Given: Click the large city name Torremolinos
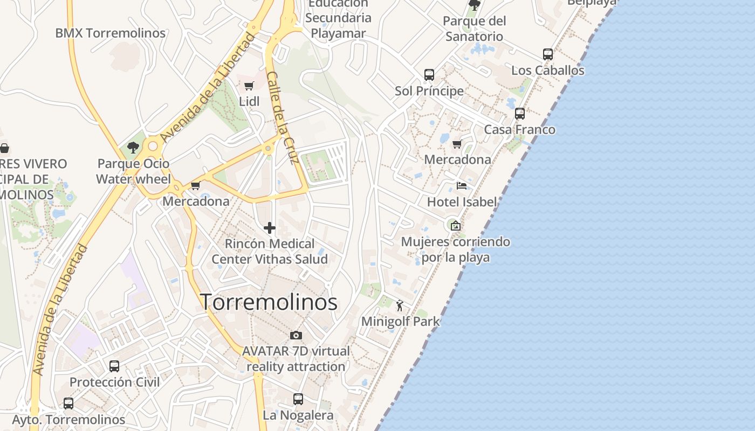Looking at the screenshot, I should [x=269, y=302].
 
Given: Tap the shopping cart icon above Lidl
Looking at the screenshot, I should [x=249, y=86].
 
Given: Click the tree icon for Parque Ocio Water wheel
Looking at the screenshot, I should [x=133, y=148].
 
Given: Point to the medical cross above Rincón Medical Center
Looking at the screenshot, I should [x=270, y=228].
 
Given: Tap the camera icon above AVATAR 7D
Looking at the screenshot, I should [x=296, y=336].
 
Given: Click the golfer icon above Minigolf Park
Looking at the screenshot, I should [x=400, y=306].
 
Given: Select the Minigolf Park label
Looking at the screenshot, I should [x=400, y=322].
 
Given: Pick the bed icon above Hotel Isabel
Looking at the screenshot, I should [x=462, y=186].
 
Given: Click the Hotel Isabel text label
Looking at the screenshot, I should [x=462, y=202].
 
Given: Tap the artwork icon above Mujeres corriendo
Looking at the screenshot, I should [x=456, y=226].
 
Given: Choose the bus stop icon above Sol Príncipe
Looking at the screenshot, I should [x=429, y=75].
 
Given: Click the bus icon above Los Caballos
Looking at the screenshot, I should [x=548, y=54].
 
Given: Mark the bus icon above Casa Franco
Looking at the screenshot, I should [x=520, y=114].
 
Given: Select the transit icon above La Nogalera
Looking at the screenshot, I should [x=298, y=399].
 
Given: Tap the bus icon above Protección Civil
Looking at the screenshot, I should [x=114, y=366].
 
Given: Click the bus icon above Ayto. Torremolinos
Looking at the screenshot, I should [x=68, y=404].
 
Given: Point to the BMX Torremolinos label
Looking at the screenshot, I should [x=111, y=33].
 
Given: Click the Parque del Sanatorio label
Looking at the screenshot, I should [x=475, y=29].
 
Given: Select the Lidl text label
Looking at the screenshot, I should [x=249, y=101].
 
